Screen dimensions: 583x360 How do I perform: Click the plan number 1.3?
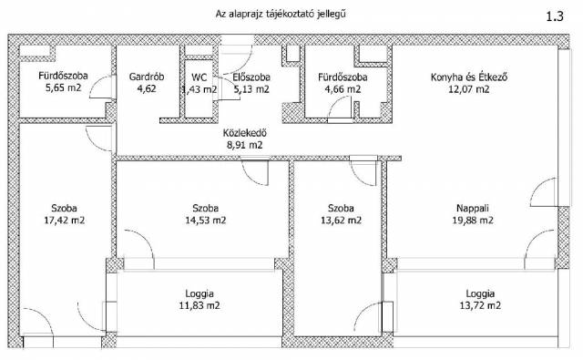click(555, 16)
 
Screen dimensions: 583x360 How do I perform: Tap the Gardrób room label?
click(147, 77)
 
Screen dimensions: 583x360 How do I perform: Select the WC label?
click(199, 77)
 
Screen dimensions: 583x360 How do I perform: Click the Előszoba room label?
click(251, 77)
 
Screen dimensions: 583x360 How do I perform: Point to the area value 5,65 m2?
click(63, 88)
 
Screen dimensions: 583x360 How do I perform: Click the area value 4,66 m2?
click(343, 89)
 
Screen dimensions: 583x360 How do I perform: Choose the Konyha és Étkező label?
click(469, 77)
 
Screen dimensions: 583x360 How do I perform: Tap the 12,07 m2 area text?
click(469, 89)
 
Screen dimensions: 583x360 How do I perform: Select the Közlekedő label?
click(245, 133)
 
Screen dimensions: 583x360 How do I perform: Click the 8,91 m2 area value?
click(245, 145)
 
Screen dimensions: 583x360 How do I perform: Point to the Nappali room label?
click(473, 208)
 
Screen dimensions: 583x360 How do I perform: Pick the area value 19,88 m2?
click(473, 221)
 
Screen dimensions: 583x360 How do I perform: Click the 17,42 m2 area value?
click(65, 221)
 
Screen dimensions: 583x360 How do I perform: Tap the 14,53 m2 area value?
click(206, 221)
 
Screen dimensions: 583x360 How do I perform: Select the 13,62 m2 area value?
click(341, 221)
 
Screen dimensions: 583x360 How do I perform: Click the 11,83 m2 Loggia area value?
click(199, 305)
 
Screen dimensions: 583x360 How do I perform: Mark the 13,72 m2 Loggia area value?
click(480, 305)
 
